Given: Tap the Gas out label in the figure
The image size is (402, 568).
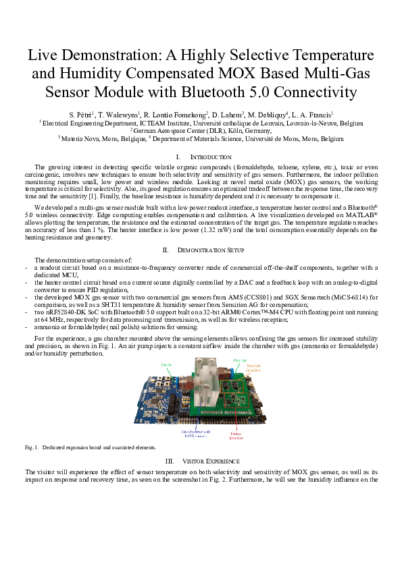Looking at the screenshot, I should click(x=239, y=361).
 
